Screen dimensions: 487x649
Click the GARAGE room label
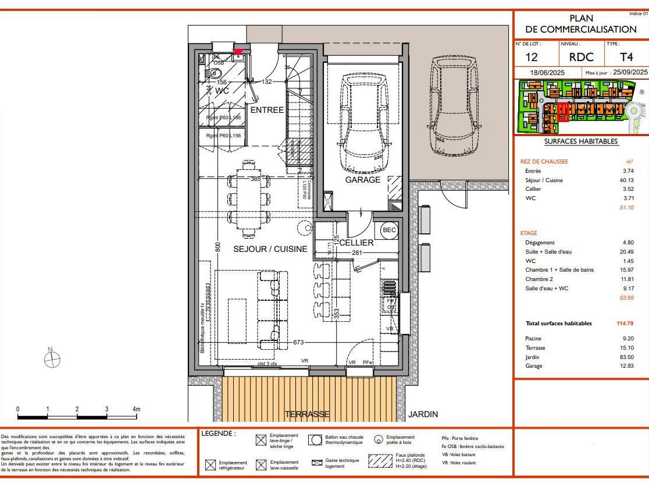point(362,180)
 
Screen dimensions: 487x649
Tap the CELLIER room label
point(356,242)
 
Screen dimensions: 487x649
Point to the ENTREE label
point(267,110)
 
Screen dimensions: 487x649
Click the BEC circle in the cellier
point(388,230)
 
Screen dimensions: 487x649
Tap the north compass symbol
point(52,360)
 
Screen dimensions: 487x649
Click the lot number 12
point(531,56)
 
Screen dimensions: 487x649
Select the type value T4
point(626,56)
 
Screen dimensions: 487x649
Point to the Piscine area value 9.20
point(627,338)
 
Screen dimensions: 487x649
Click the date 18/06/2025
point(548,73)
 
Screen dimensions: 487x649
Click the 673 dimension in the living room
point(298,343)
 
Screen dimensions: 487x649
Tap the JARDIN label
point(423,414)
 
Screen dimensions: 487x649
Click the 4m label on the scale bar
point(136,409)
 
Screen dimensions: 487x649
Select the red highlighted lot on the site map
point(562,112)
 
